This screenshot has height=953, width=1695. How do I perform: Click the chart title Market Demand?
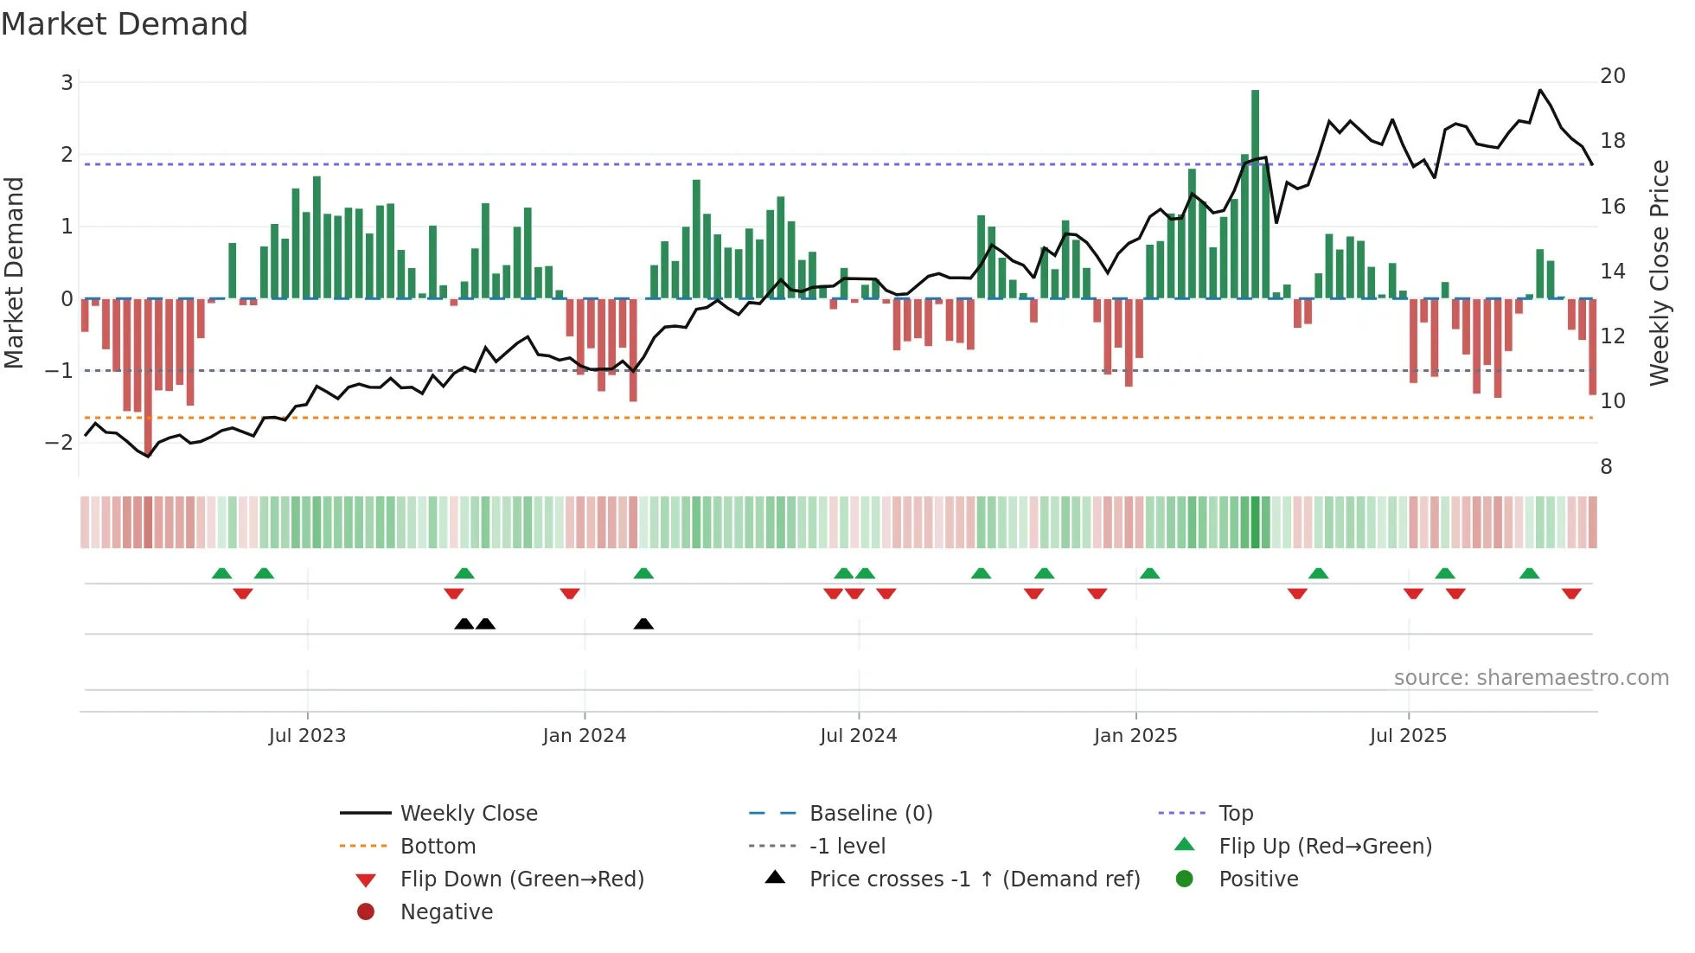(x=125, y=24)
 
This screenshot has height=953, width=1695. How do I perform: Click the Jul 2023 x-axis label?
(x=307, y=736)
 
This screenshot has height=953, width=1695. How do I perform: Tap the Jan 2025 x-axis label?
(x=1135, y=736)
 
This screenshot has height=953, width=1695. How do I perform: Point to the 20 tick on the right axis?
(x=1612, y=76)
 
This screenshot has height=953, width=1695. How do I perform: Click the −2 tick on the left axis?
(x=60, y=443)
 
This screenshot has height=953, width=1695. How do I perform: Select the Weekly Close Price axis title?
(x=1659, y=272)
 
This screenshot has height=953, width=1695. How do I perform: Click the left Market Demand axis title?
(x=15, y=272)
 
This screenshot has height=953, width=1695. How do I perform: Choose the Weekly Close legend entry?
(x=468, y=814)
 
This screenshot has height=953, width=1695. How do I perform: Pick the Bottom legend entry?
(x=438, y=847)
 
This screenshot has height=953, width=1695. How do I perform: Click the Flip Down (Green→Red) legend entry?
(x=521, y=879)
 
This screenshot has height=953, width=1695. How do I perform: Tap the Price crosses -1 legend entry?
(x=974, y=879)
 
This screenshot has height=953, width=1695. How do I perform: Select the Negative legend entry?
(x=446, y=912)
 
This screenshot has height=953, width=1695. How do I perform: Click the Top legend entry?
(x=1236, y=814)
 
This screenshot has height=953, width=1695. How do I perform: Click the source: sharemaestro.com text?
(x=1531, y=678)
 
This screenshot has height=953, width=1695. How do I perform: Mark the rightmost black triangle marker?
(x=643, y=624)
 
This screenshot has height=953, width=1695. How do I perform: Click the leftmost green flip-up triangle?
(x=222, y=573)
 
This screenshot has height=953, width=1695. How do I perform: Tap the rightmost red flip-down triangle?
(x=1571, y=593)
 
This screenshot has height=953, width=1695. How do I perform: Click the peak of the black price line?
(x=1540, y=90)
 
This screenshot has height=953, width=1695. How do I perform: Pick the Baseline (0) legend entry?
(x=870, y=814)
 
